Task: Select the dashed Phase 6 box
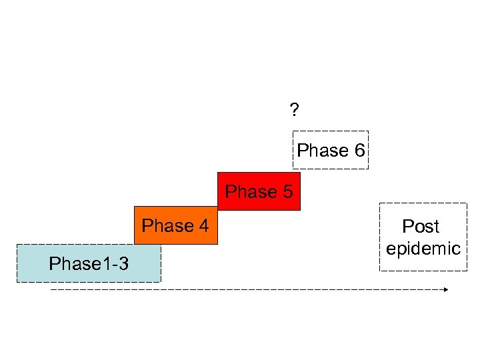[331, 150]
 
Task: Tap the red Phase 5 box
[259, 192]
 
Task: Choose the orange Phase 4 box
[175, 226]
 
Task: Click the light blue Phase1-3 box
[89, 264]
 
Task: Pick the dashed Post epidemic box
[423, 237]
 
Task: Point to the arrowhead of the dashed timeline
[446, 290]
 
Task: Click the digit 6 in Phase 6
[359, 151]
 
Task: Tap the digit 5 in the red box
[287, 192]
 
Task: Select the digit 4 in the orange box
[203, 227]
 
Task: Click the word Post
[421, 227]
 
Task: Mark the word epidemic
[423, 249]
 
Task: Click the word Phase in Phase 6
[323, 151]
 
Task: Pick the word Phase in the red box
[251, 192]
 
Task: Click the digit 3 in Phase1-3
[123, 265]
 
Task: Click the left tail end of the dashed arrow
[52, 290]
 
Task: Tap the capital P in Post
[407, 227]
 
